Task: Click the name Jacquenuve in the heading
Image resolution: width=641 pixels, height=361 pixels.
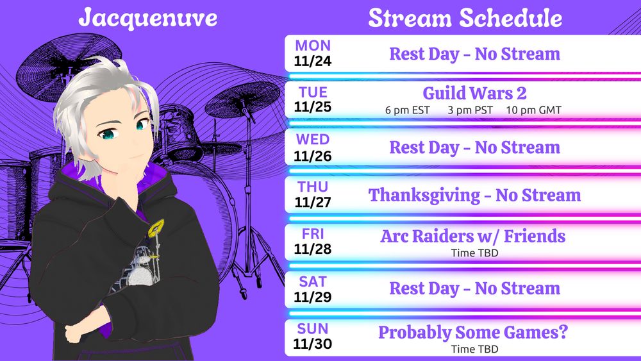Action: (147, 19)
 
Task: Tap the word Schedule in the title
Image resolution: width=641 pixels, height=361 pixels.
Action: (510, 18)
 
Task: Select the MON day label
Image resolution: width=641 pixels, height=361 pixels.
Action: (313, 46)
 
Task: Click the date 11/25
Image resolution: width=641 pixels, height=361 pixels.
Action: (313, 107)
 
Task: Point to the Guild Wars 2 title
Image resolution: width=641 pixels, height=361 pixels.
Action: (474, 93)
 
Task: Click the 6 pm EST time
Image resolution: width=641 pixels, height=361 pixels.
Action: (407, 110)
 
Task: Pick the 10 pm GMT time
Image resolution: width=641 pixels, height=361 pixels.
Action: (533, 110)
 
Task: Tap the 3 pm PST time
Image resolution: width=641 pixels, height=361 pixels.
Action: (470, 110)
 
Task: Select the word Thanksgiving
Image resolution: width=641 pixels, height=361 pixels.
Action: (424, 196)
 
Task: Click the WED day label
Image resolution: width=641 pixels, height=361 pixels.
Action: (313, 139)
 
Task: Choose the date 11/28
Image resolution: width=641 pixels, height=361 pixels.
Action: (313, 249)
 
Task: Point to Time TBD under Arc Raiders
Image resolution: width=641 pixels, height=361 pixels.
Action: (474, 253)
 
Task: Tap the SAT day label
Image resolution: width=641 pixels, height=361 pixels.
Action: (313, 281)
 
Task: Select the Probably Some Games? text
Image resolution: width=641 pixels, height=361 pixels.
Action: (473, 333)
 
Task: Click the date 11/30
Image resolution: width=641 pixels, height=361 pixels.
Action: (313, 344)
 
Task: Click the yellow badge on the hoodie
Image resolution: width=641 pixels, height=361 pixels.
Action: (156, 228)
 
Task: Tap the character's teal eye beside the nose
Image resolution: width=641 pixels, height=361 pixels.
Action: (108, 133)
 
